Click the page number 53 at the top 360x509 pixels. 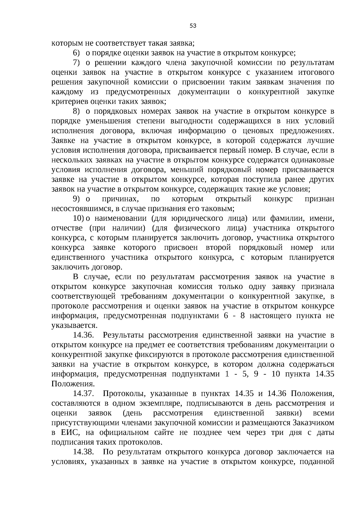coord(193,26)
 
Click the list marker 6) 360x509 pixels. coord(76,53)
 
